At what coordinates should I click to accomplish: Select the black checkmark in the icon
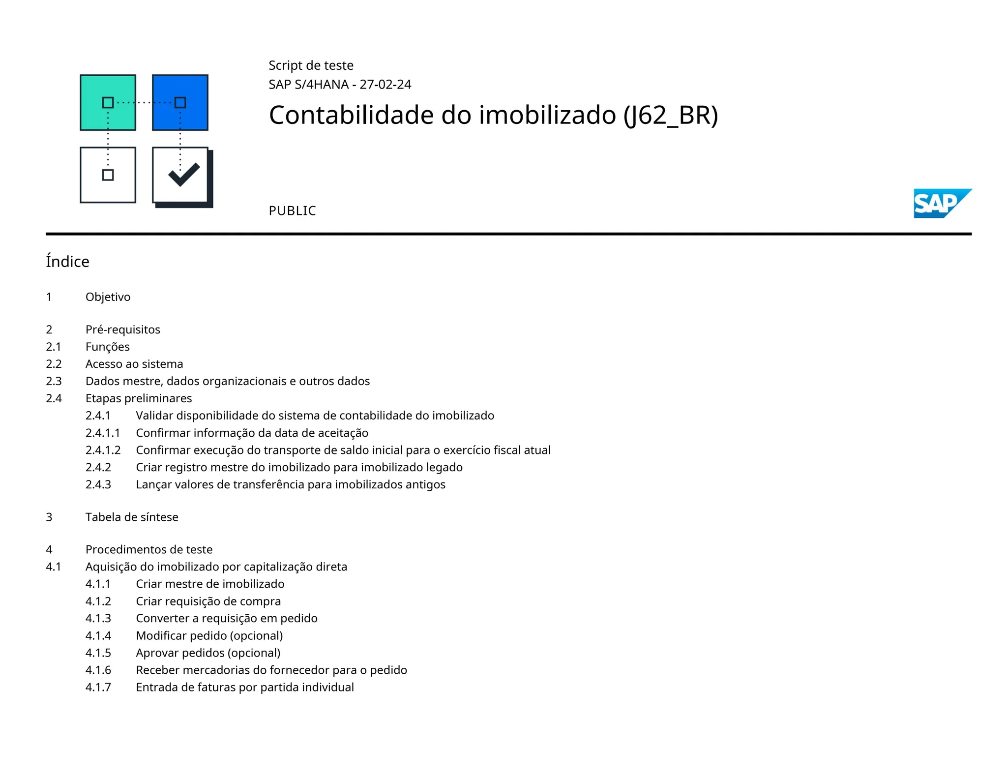(183, 174)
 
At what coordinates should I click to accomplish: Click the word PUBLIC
(292, 211)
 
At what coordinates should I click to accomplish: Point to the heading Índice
(67, 262)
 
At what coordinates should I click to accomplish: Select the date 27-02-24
(385, 85)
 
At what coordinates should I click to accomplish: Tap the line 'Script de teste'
(311, 65)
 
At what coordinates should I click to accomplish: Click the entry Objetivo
(108, 297)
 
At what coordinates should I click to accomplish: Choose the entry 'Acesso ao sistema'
(134, 364)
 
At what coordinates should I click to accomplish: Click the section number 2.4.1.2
(103, 450)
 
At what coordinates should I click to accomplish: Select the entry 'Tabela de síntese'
(132, 517)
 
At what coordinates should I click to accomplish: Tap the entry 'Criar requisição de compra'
(208, 601)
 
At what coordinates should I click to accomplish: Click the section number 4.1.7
(98, 687)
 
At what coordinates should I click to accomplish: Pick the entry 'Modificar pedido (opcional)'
(209, 635)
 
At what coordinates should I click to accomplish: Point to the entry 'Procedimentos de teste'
(149, 549)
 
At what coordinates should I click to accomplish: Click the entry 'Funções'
(108, 347)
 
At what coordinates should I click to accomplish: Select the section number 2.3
(54, 381)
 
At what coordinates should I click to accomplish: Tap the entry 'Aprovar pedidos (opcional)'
(208, 653)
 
